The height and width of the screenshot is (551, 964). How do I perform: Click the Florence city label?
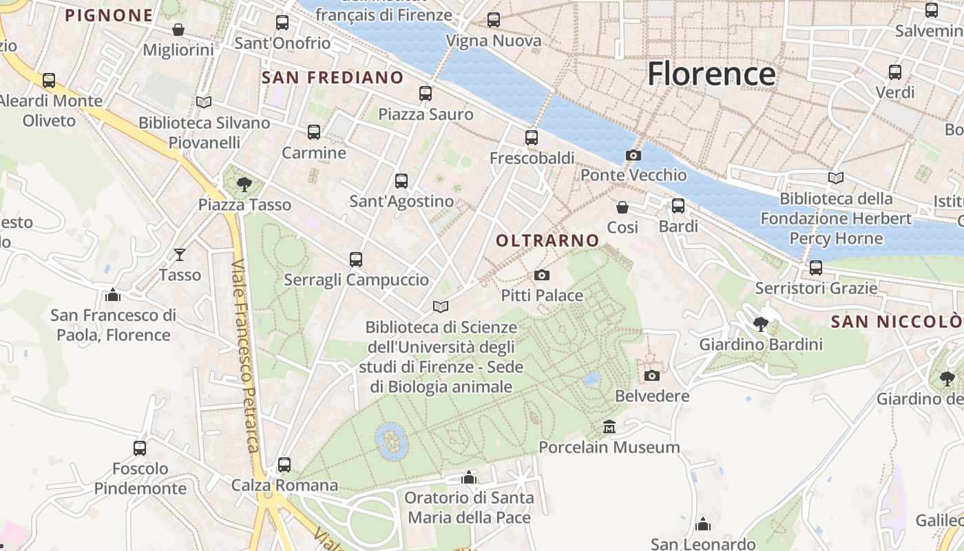click(x=711, y=74)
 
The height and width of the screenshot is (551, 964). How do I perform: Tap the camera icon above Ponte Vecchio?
click(x=633, y=156)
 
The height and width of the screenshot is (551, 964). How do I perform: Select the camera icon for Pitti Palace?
click(x=542, y=275)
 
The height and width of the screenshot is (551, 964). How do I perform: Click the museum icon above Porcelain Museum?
click(x=609, y=428)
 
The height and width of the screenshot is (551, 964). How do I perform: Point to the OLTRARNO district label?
click(x=547, y=240)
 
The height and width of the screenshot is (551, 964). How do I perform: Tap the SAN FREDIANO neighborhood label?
click(x=333, y=78)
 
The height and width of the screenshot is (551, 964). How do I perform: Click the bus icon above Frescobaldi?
click(x=532, y=138)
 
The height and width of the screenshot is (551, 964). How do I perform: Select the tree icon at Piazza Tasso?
click(x=244, y=184)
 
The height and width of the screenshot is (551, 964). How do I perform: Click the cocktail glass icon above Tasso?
click(x=180, y=255)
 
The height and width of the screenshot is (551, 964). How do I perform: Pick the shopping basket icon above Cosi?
click(x=622, y=207)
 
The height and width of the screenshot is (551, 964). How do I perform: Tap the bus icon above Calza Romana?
click(x=284, y=465)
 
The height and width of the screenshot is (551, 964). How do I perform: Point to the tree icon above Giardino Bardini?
click(x=761, y=324)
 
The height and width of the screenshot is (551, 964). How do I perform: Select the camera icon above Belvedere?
click(x=652, y=376)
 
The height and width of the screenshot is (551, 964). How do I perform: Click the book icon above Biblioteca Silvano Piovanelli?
click(x=204, y=103)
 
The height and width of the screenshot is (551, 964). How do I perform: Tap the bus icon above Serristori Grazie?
click(x=816, y=267)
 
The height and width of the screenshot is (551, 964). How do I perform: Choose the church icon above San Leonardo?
click(x=703, y=525)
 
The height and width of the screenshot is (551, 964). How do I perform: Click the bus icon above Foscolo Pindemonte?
click(x=140, y=448)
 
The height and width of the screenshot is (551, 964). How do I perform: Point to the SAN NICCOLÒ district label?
click(x=896, y=322)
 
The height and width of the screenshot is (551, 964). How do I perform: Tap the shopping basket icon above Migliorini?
click(x=178, y=30)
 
